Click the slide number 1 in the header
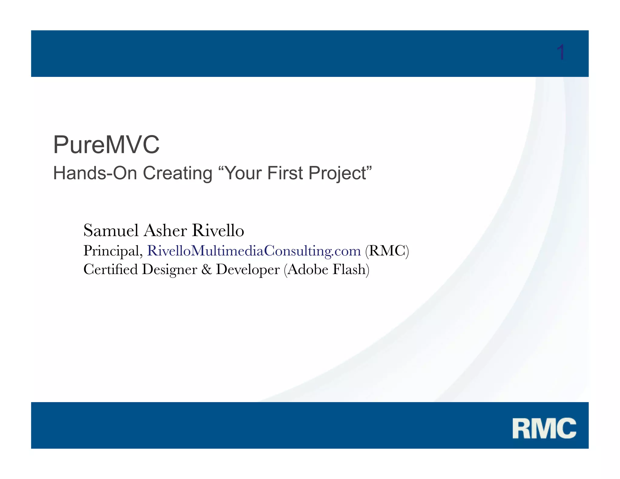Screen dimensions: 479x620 tap(561, 53)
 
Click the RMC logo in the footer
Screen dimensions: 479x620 tap(544, 428)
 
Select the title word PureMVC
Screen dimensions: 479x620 tap(106, 145)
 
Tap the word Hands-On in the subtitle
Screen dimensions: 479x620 tap(95, 173)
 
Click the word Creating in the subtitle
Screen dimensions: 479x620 tap(178, 173)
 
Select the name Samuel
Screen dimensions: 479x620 tap(111, 230)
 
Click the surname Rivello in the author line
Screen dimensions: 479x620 tap(218, 230)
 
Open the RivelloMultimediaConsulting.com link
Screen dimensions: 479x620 tap(254, 251)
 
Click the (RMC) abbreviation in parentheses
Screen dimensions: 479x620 tap(387, 251)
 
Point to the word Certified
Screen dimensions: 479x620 tap(110, 269)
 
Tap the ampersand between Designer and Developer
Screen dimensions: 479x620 tap(206, 269)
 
